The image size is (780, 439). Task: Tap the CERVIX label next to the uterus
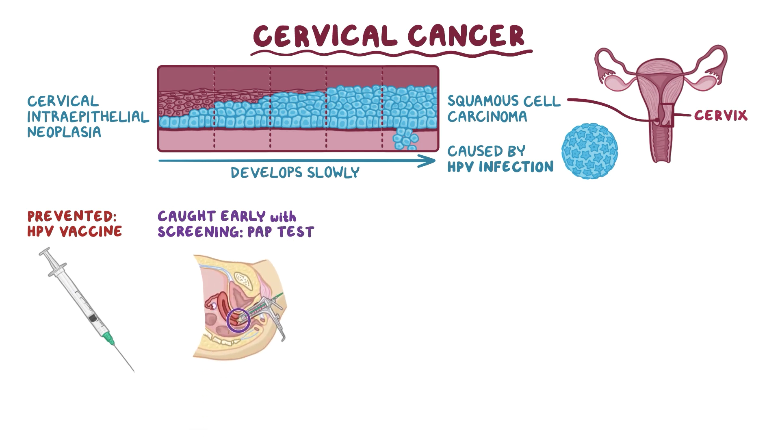(x=720, y=115)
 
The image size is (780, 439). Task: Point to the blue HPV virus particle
(x=589, y=151)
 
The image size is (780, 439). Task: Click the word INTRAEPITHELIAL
(x=88, y=117)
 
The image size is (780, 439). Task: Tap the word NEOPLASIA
(x=64, y=133)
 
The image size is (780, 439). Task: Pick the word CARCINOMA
(x=487, y=117)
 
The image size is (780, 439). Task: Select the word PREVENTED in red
(x=71, y=216)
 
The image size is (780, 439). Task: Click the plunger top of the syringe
(x=44, y=252)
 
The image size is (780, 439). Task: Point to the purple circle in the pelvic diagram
(x=238, y=320)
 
